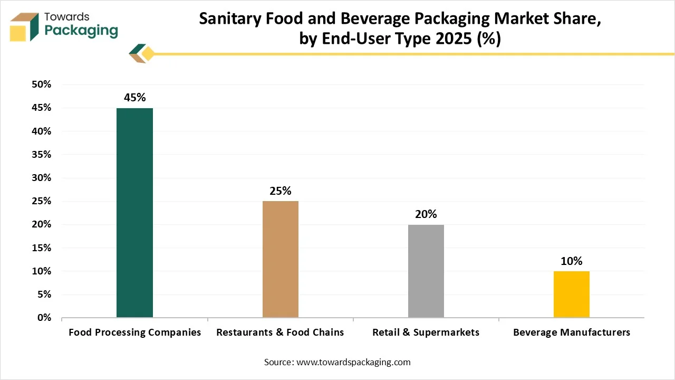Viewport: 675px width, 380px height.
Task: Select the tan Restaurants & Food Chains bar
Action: coord(280,259)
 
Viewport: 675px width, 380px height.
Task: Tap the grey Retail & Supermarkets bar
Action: coord(426,271)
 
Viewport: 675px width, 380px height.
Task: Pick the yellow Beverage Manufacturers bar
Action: coord(572,294)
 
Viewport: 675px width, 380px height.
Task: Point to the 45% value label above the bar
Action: coord(134,98)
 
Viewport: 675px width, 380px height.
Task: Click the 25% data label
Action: coord(280,191)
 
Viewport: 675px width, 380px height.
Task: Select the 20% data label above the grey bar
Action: coord(426,214)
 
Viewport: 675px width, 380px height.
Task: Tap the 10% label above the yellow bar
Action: coord(572,261)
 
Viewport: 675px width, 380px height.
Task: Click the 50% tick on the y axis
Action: coord(41,84)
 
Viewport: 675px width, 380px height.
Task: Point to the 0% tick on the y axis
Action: coord(44,318)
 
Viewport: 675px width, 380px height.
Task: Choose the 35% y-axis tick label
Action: coord(41,155)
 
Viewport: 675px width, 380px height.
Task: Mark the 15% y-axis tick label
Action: coord(41,248)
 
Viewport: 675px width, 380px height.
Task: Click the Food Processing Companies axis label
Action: coord(135,332)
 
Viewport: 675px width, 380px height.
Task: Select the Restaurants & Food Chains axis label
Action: coord(280,332)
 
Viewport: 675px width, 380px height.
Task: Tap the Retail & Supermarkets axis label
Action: coord(426,332)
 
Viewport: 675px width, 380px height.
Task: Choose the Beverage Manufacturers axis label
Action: coord(572,332)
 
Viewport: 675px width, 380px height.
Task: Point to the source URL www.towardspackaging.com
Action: coord(354,362)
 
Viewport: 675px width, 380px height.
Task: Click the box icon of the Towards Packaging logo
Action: coord(25,26)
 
